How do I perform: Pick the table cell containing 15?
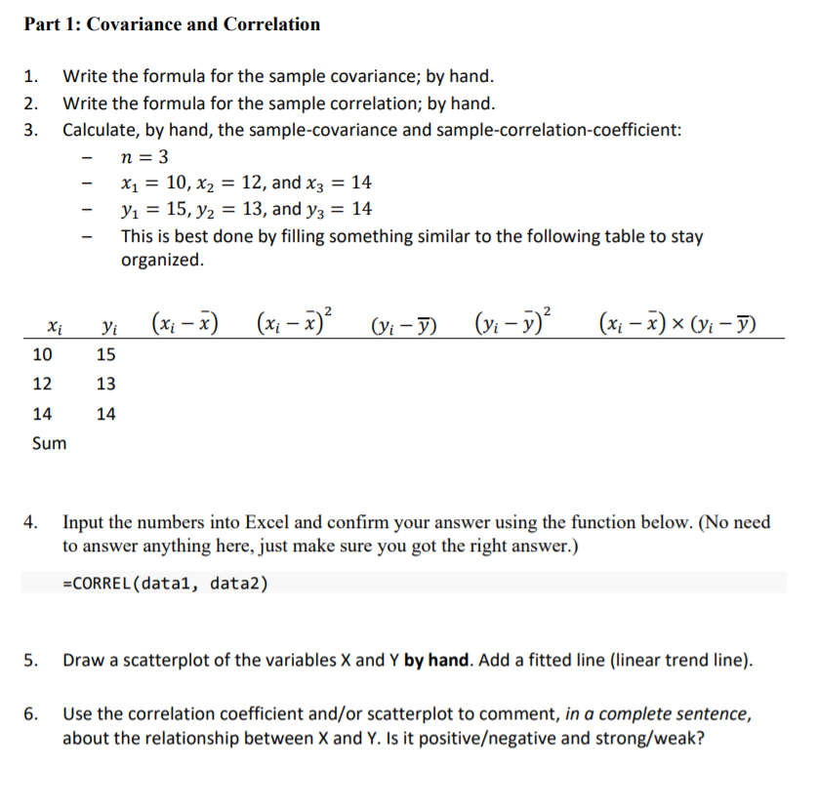105,355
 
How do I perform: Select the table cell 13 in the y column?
105,385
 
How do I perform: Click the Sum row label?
50,443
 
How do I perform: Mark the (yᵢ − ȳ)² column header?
513,322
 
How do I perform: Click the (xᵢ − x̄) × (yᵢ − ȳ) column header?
680,324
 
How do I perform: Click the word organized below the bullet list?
162,261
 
